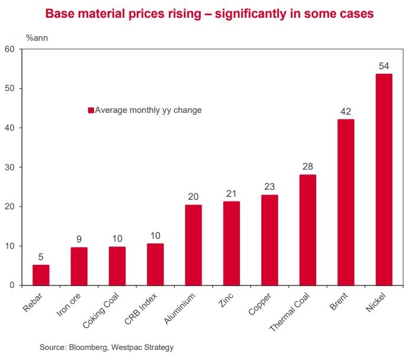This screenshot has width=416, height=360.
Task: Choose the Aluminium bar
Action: (x=193, y=245)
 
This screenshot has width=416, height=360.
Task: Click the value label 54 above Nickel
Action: (x=383, y=66)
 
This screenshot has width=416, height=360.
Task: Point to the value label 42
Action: (x=346, y=111)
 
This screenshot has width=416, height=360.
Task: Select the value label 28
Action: (x=308, y=166)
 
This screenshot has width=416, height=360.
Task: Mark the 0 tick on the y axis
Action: (x=12, y=286)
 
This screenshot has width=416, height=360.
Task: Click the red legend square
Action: (x=91, y=110)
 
